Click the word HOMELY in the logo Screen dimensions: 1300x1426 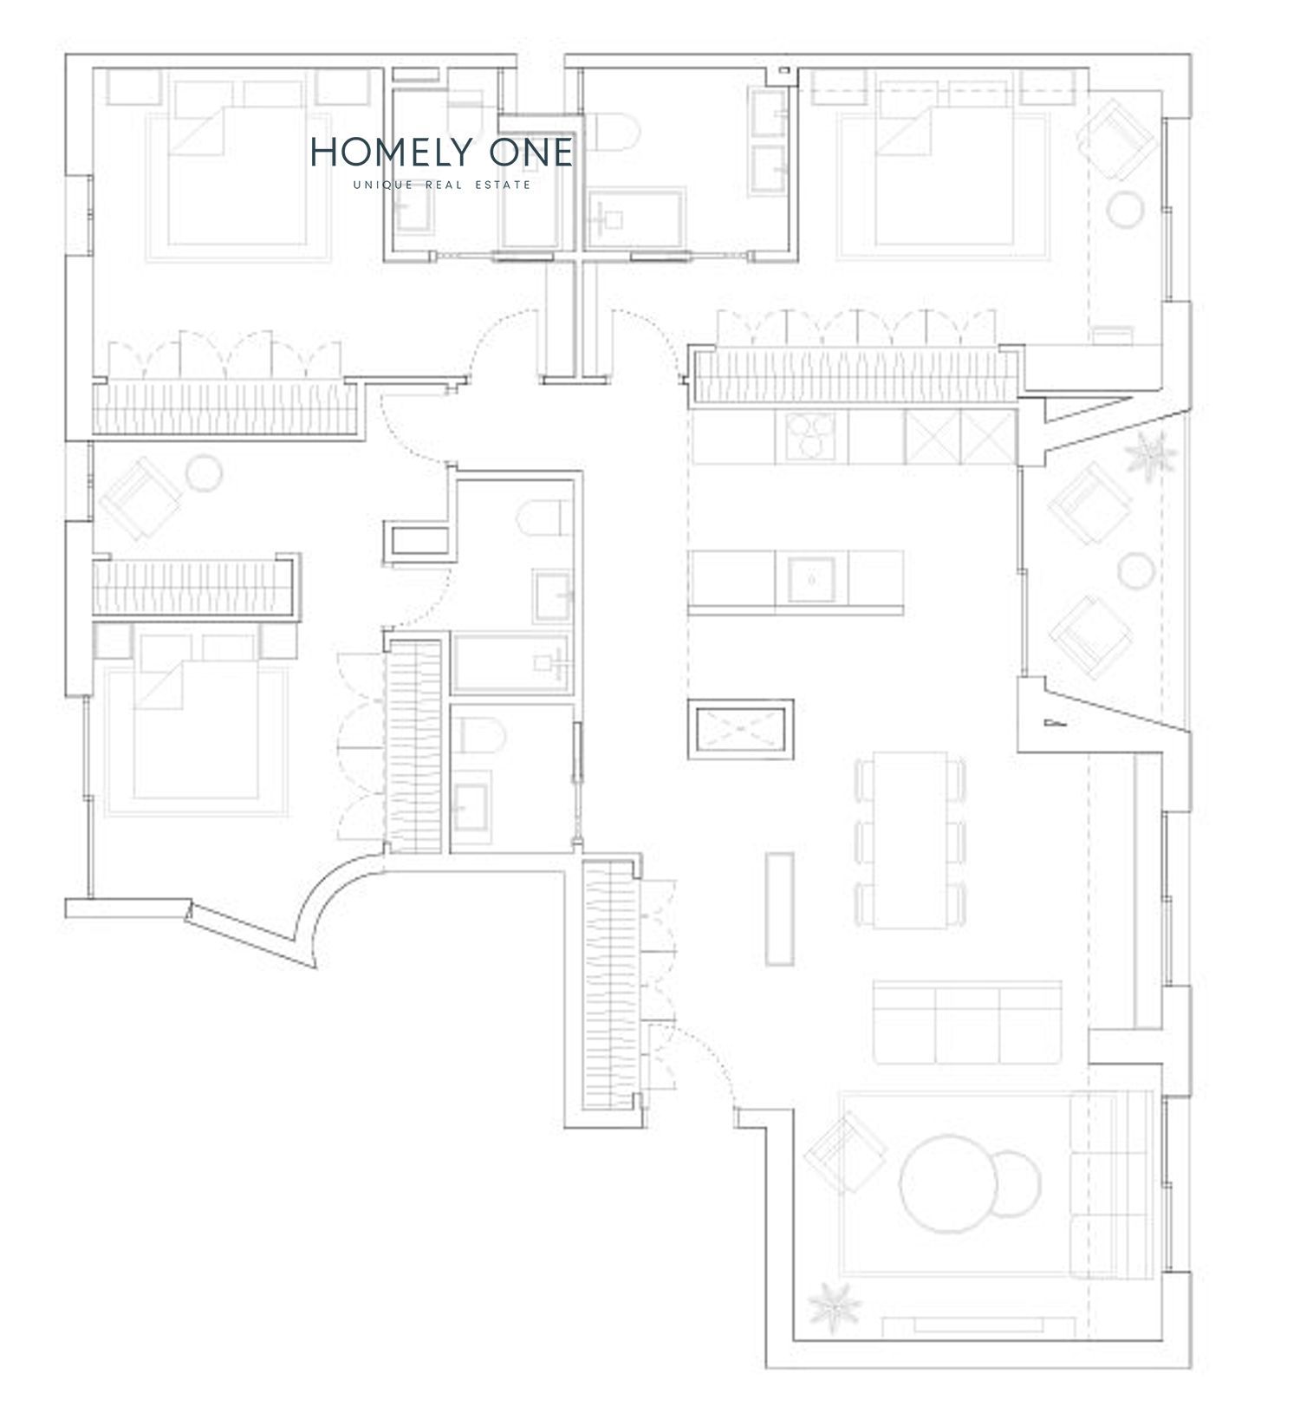(389, 152)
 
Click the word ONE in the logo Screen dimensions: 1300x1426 (530, 152)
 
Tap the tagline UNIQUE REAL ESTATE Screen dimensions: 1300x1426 (442, 185)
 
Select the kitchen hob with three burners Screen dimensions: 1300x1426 (809, 435)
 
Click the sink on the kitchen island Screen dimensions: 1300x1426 (811, 579)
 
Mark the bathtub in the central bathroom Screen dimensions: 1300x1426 (510, 663)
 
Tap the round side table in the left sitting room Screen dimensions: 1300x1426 (205, 472)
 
